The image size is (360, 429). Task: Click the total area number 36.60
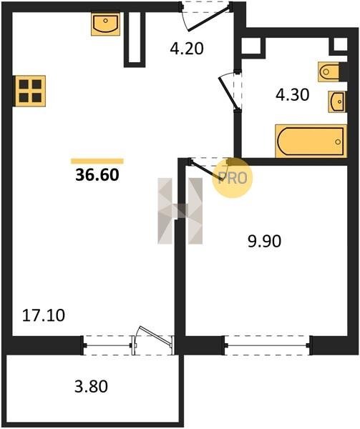pyautogui.click(x=97, y=174)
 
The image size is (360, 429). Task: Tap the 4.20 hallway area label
pyautogui.click(x=187, y=49)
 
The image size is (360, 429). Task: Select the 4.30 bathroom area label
pyautogui.click(x=293, y=95)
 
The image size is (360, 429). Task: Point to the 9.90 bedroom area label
pyautogui.click(x=265, y=242)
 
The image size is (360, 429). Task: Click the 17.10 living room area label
pyautogui.click(x=43, y=315)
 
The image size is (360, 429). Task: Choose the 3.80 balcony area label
pyautogui.click(x=91, y=387)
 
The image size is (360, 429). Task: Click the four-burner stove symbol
pyautogui.click(x=30, y=91)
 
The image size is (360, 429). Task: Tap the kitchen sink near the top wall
pyautogui.click(x=105, y=24)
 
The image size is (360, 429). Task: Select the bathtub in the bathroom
pyautogui.click(x=311, y=141)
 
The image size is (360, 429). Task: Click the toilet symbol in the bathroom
pyautogui.click(x=329, y=72)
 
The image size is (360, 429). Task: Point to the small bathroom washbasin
pyautogui.click(x=337, y=102)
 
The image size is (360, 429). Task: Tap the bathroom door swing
pyautogui.click(x=230, y=91)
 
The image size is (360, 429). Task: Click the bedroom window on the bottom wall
pyautogui.click(x=267, y=345)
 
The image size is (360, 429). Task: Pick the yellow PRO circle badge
pyautogui.click(x=233, y=178)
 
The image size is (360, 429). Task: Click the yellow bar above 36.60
pyautogui.click(x=97, y=161)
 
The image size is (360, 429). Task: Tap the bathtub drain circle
pyautogui.click(x=338, y=142)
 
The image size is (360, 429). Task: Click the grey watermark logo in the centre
pyautogui.click(x=180, y=211)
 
